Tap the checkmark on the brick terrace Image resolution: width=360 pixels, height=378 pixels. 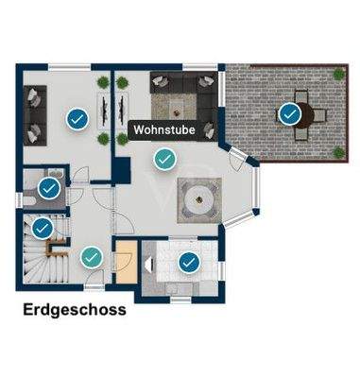coord(290,114)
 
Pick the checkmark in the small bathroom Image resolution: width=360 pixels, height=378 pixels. coord(50,188)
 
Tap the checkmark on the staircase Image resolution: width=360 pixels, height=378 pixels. coord(42,228)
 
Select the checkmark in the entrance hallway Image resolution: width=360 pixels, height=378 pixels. coord(92,255)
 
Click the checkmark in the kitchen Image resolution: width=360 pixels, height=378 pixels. coord(189,261)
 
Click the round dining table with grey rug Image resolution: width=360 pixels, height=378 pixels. coord(201,199)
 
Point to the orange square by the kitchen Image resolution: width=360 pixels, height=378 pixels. coord(125,255)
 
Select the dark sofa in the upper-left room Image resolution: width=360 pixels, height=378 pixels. coord(36,108)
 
